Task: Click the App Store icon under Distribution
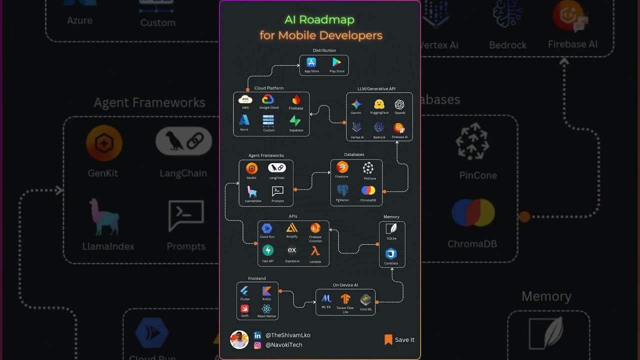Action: (311, 62)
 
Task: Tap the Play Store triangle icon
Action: (336, 62)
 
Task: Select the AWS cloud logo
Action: (245, 99)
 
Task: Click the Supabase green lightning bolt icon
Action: (295, 121)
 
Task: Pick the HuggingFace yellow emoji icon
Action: (379, 104)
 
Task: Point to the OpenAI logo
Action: (399, 104)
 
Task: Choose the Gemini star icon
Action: (356, 104)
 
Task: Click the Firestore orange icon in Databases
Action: (342, 167)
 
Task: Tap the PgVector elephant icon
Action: (342, 190)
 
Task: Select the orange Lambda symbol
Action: (315, 251)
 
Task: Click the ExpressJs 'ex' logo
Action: (292, 250)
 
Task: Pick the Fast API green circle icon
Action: (268, 250)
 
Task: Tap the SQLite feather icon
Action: (391, 228)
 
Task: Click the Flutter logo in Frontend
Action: (244, 291)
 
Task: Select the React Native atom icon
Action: (266, 309)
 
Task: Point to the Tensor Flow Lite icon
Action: (345, 299)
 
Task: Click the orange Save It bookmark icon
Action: (388, 340)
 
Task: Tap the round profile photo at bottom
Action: (239, 339)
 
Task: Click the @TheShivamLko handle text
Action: (287, 335)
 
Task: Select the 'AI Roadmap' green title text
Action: (319, 20)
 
